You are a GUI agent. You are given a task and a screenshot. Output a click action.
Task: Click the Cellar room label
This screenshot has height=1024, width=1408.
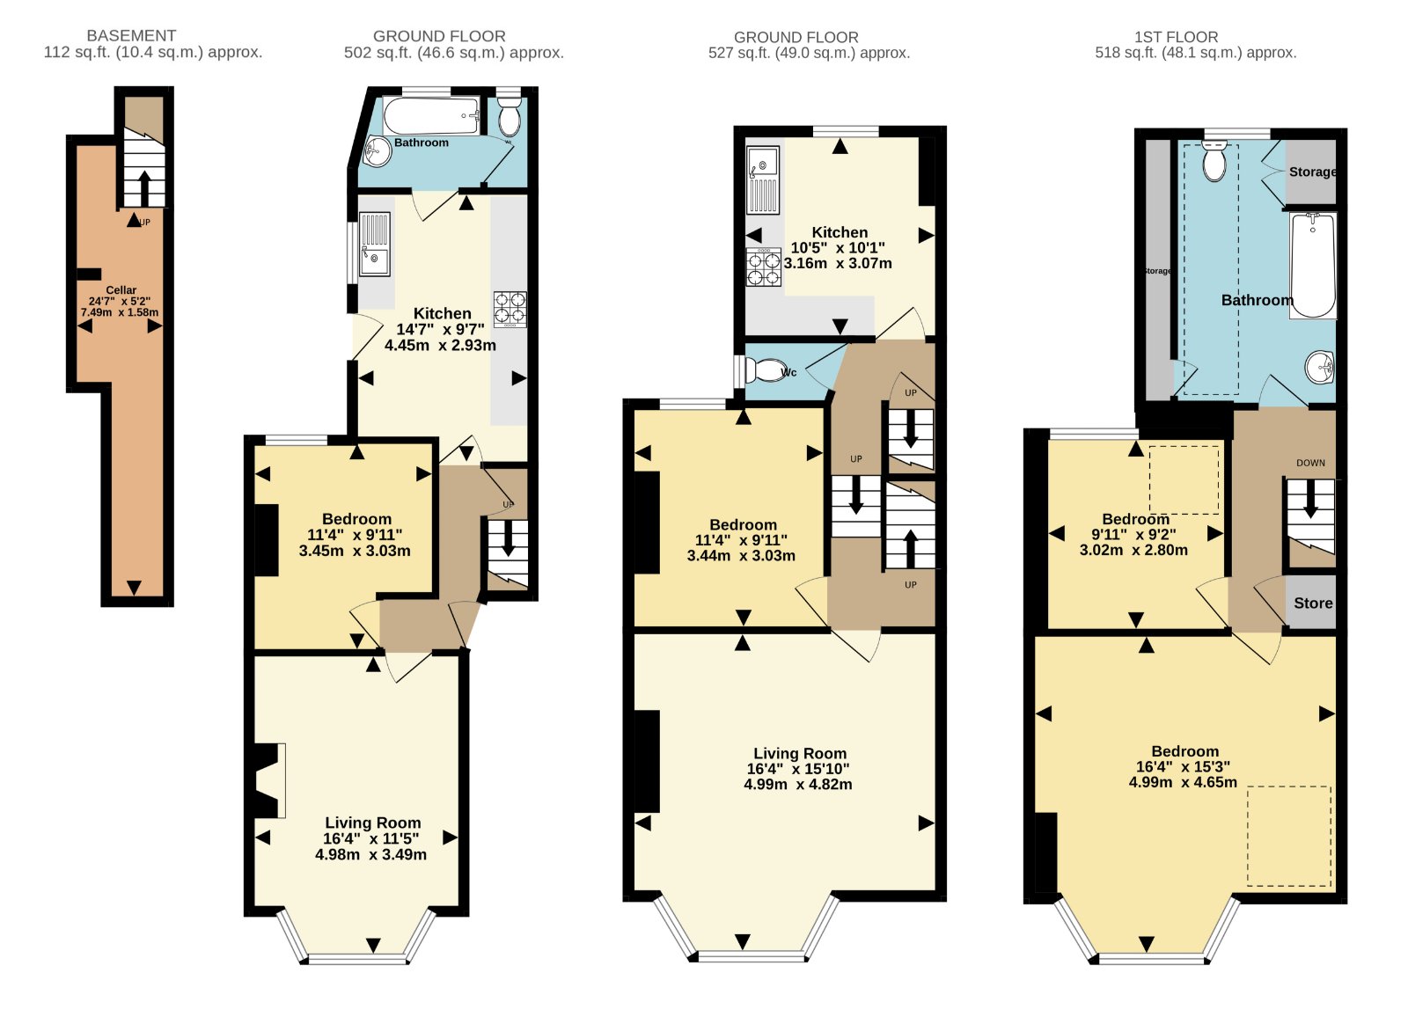(121, 290)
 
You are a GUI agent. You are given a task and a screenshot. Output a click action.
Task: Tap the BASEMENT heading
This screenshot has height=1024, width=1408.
(131, 36)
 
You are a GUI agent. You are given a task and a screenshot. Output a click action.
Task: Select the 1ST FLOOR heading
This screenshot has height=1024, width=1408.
(1176, 37)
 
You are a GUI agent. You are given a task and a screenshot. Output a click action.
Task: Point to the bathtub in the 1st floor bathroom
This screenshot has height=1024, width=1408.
(1312, 265)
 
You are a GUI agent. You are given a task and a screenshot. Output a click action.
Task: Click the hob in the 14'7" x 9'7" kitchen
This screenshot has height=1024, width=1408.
(510, 309)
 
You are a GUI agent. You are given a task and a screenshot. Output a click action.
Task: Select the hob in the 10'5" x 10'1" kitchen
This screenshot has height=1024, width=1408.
(764, 267)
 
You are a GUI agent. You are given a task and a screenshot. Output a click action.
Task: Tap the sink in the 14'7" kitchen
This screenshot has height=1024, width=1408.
(375, 245)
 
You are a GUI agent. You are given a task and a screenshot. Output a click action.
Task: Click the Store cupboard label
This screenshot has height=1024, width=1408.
(1313, 603)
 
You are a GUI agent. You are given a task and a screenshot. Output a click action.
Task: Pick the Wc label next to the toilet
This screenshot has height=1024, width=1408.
(788, 372)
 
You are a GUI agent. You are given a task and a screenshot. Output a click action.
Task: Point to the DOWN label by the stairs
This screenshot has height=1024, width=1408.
(1310, 463)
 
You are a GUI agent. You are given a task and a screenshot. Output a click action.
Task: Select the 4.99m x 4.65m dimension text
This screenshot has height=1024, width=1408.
(1183, 782)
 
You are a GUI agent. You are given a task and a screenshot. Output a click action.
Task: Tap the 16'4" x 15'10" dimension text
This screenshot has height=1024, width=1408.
(797, 768)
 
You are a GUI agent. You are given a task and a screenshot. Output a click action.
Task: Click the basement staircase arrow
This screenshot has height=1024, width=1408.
(144, 187)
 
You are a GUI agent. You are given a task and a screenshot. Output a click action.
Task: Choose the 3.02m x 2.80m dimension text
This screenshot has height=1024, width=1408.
(1134, 550)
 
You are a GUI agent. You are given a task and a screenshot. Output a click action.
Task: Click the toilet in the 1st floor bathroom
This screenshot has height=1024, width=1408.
(1214, 160)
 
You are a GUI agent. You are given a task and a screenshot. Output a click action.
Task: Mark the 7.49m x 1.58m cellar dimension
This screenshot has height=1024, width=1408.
(120, 312)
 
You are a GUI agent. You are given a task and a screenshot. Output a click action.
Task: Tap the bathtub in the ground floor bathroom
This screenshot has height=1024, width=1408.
(430, 115)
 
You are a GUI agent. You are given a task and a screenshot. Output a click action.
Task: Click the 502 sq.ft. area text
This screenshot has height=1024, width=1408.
(454, 53)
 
